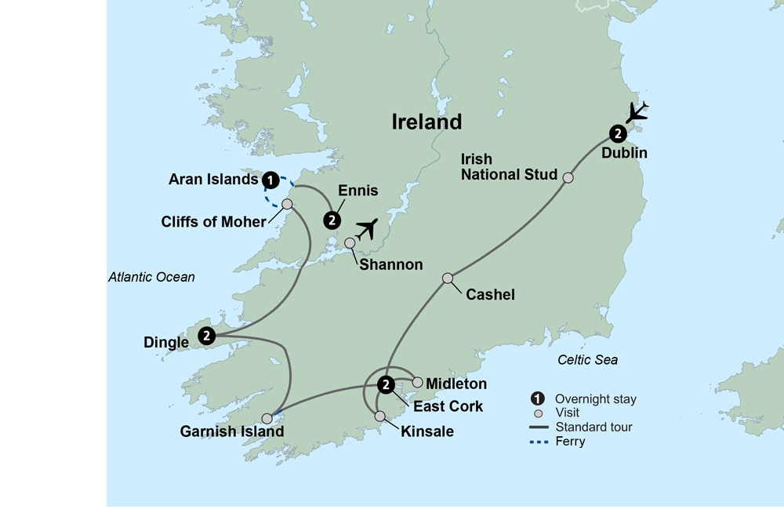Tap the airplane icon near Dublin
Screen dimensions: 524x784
(637, 112)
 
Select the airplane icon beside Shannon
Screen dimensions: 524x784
(365, 229)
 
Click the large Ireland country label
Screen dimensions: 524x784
(426, 122)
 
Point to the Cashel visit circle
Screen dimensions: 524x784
(448, 278)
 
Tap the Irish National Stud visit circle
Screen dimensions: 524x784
(568, 177)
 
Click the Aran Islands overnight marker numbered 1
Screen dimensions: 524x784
(270, 180)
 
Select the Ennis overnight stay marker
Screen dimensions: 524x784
(333, 219)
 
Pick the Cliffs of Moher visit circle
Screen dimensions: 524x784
(287, 204)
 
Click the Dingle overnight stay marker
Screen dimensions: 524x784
(206, 336)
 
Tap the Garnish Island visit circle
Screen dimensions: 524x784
(267, 418)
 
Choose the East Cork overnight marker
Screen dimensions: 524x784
(386, 384)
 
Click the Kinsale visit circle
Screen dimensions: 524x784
(379, 416)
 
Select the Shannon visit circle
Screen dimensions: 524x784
(350, 242)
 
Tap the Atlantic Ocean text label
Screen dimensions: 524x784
(151, 277)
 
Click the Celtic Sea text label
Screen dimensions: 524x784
(587, 359)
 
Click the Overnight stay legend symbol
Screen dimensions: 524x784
(537, 398)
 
